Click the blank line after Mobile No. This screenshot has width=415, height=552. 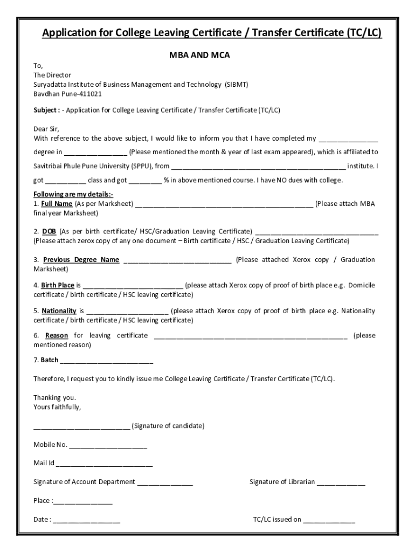click(x=108, y=446)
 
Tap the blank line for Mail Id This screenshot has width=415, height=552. click(x=104, y=464)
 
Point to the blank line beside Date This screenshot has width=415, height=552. click(x=86, y=521)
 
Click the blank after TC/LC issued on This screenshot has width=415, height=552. click(x=329, y=521)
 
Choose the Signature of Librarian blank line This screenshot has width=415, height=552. click(x=341, y=483)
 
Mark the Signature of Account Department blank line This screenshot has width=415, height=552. click(x=165, y=483)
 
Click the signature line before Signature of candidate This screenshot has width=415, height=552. click(x=81, y=427)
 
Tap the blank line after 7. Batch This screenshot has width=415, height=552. click(x=106, y=361)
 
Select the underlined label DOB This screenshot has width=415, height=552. click(x=49, y=231)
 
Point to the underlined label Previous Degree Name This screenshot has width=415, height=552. click(x=81, y=260)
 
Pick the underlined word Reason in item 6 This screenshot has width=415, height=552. click(x=57, y=336)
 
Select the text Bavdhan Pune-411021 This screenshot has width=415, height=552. click(x=67, y=93)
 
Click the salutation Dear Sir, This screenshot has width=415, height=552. click(x=46, y=129)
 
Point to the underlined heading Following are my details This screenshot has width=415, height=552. click(x=73, y=194)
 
